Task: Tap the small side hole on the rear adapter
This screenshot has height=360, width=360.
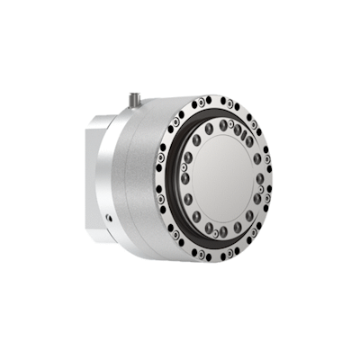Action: coord(107,215)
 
